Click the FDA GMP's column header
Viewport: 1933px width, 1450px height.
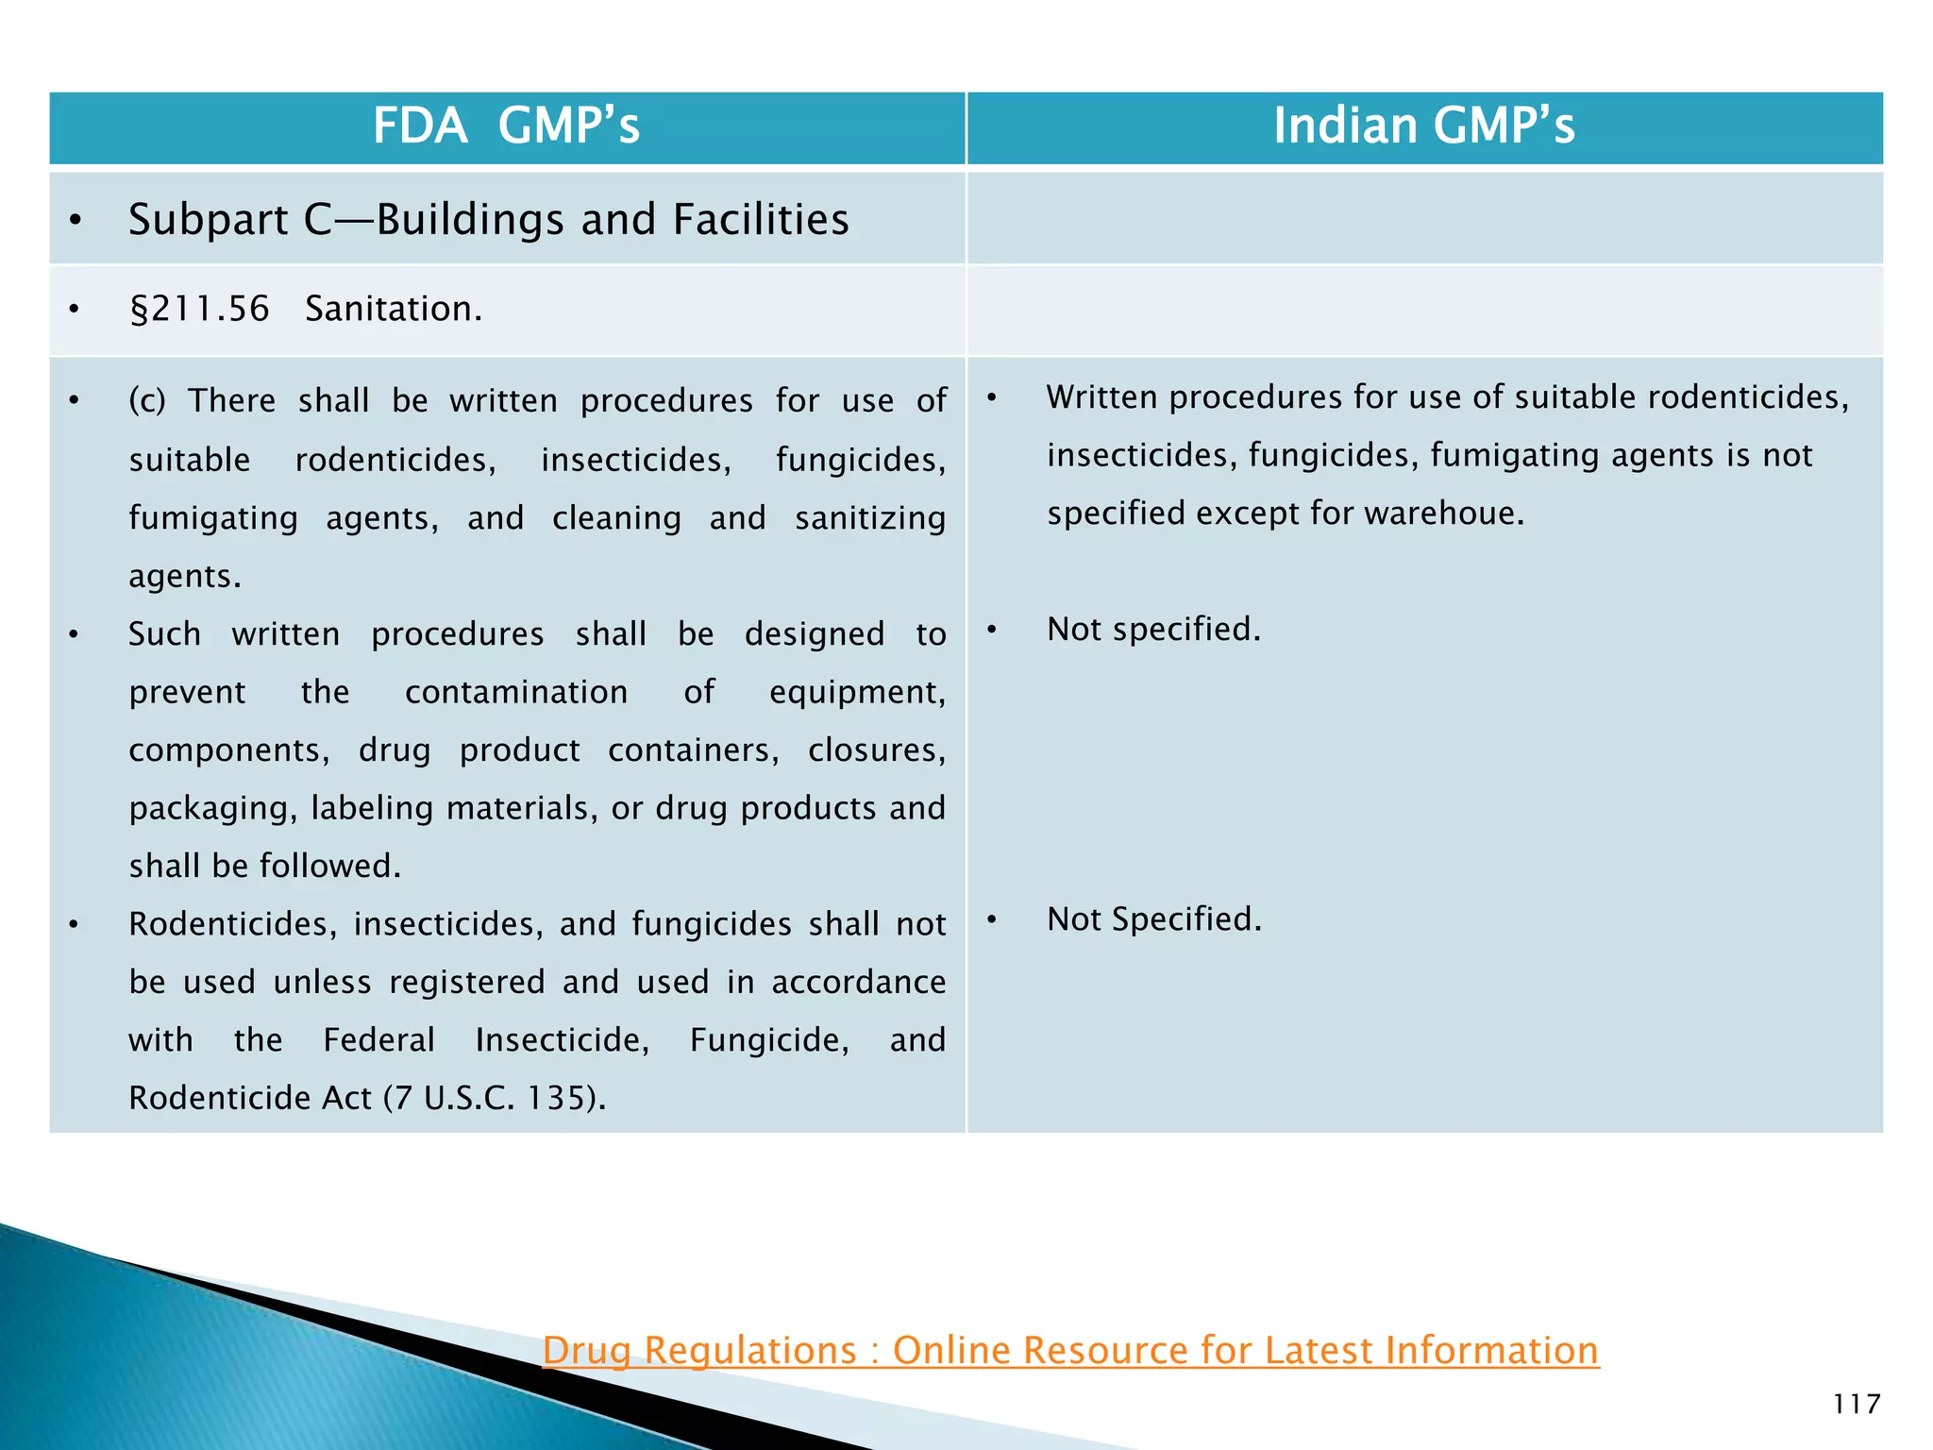[507, 126]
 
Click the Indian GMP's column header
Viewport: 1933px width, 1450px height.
[1423, 126]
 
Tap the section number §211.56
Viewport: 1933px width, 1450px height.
[200, 310]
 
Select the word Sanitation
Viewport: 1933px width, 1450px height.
[393, 310]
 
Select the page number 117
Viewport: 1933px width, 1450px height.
[1857, 1405]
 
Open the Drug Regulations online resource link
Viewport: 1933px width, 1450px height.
[1070, 1351]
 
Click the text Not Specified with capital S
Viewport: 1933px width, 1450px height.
[1153, 919]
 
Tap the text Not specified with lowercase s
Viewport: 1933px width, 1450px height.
[1153, 630]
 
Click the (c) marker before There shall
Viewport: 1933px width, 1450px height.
[147, 401]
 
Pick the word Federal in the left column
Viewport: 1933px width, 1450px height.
[378, 1040]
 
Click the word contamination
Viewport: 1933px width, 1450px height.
[516, 693]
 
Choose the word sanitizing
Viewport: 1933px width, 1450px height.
[869, 519]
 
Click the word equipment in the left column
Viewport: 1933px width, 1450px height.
[856, 693]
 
